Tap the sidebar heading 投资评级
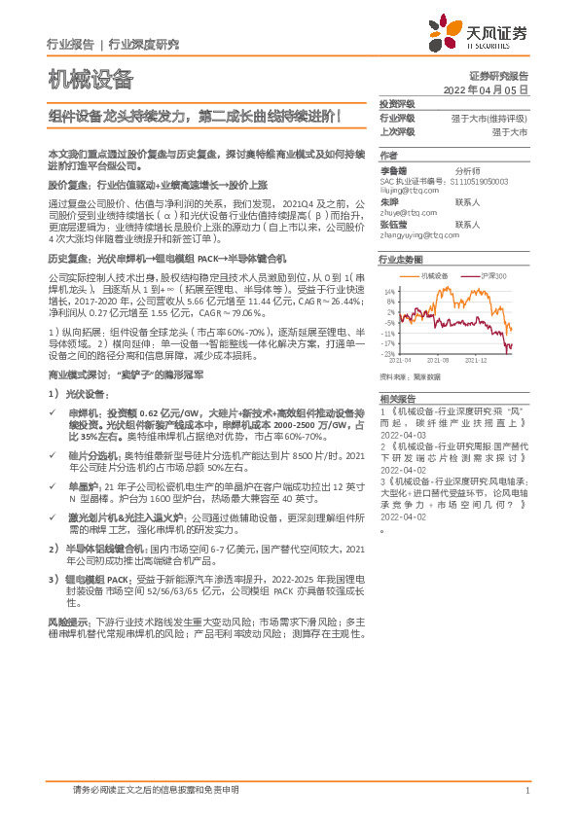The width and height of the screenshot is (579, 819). tap(397, 103)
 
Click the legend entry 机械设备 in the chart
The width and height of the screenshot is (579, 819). tap(434, 276)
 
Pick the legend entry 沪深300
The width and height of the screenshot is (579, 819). tap(492, 276)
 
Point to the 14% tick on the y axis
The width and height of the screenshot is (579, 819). tap(390, 292)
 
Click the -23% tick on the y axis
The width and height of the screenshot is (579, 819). tap(389, 354)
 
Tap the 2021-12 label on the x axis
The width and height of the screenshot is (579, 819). tap(476, 361)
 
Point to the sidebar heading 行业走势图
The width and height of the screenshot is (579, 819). tap(401, 261)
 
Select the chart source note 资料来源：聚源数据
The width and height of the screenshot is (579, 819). tap(411, 376)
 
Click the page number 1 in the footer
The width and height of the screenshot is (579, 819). tap(525, 791)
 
